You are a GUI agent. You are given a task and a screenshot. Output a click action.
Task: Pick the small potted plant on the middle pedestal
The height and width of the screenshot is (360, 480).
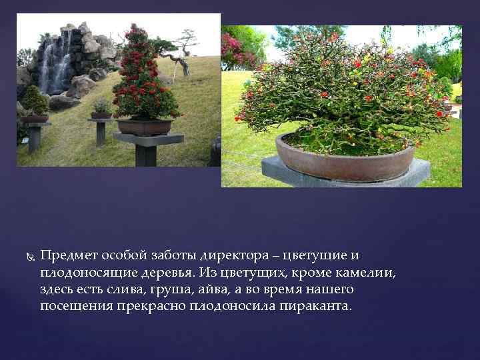pyautogui.click(x=102, y=107)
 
